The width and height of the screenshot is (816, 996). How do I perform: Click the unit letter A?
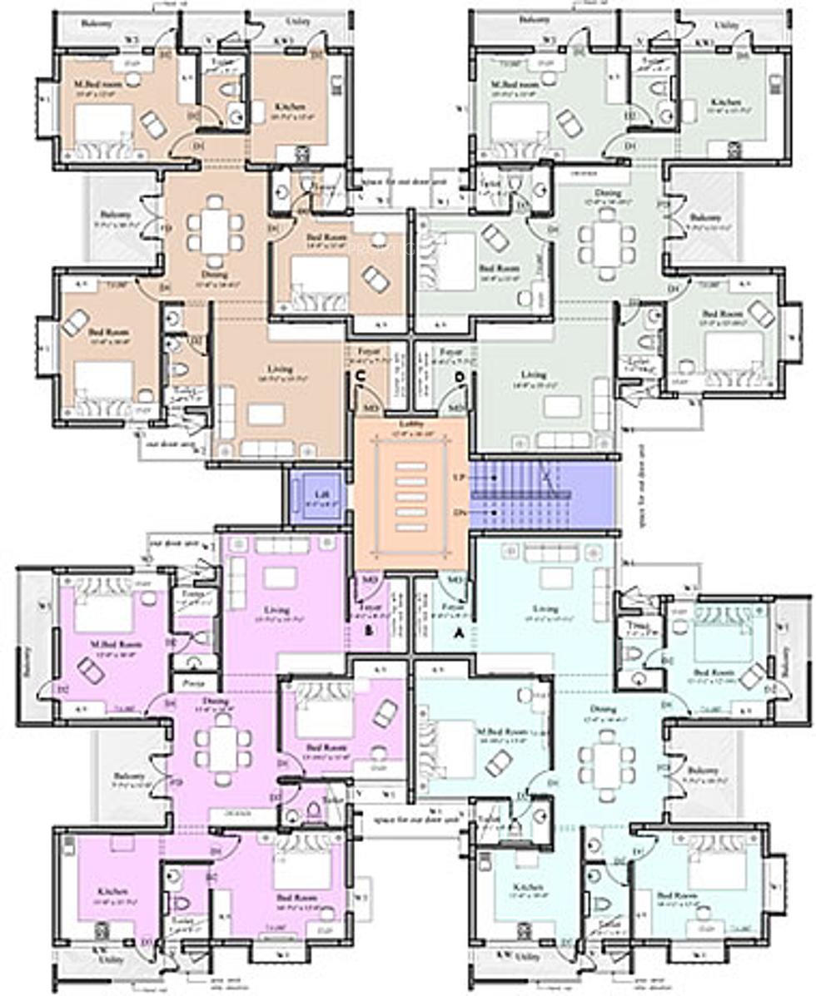[x=455, y=632]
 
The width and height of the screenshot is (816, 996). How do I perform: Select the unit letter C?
[x=360, y=377]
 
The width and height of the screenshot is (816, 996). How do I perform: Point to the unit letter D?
[x=459, y=377]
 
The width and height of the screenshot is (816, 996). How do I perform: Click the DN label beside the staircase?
[x=456, y=513]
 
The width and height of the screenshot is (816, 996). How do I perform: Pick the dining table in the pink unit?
[x=221, y=746]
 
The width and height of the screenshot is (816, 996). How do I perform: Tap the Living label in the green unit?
[x=533, y=375]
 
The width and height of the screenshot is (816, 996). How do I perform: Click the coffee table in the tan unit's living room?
[x=266, y=414]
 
